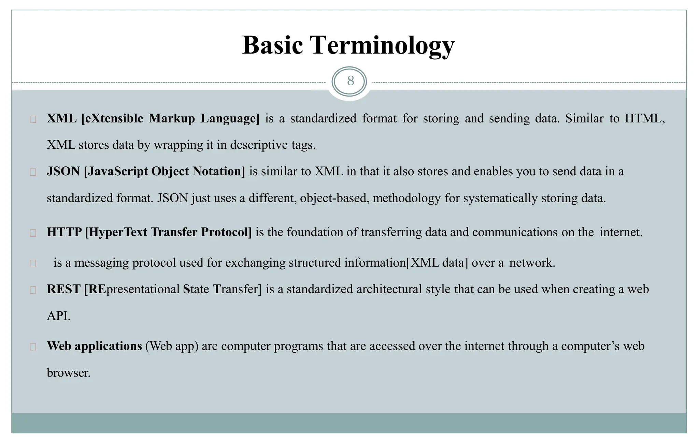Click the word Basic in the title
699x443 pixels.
tap(272, 45)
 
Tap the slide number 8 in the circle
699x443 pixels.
tap(350, 81)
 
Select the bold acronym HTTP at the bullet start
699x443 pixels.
tap(64, 232)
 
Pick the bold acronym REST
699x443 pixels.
tap(63, 289)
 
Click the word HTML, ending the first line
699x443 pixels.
tap(645, 119)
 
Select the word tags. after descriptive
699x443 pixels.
tap(303, 145)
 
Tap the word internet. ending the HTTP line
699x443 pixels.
tap(621, 232)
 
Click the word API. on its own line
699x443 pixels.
tap(58, 316)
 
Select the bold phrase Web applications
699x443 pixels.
tap(94, 346)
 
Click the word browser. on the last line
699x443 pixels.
tap(68, 373)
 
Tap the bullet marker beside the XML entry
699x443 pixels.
tap(33, 119)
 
